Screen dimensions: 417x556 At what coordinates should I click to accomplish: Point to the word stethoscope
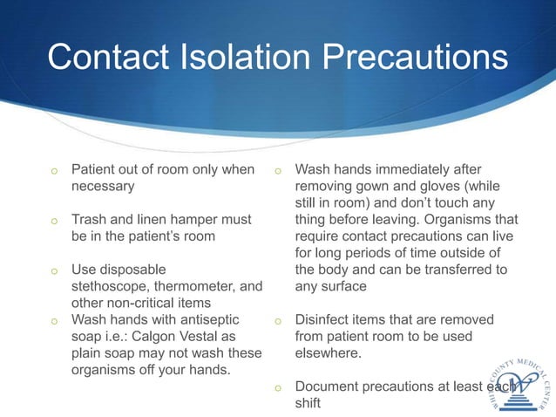pyautogui.click(x=112, y=286)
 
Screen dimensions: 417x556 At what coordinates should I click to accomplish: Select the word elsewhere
pyautogui.click(x=330, y=352)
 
